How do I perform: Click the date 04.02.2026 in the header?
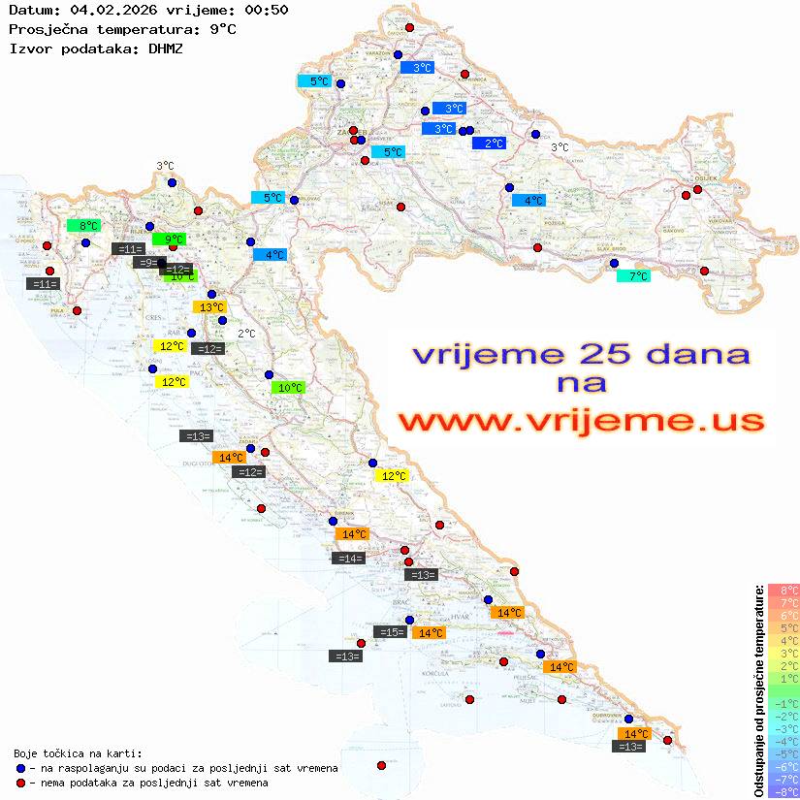tap(107, 10)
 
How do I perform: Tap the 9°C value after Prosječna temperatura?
tap(222, 29)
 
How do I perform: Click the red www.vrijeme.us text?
tap(580, 421)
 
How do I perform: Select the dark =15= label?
tap(391, 632)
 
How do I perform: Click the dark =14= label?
tap(348, 559)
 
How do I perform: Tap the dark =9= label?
tap(148, 263)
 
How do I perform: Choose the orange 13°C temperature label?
tap(210, 307)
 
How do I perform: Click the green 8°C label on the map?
tap(84, 226)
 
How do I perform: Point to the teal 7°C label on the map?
tap(634, 276)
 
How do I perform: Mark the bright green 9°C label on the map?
tap(170, 239)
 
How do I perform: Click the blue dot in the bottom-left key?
tap(19, 768)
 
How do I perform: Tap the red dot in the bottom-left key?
tap(19, 783)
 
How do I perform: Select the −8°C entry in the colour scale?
tap(784, 792)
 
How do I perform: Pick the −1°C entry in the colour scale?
tap(784, 703)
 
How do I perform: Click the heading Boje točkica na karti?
tap(78, 753)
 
